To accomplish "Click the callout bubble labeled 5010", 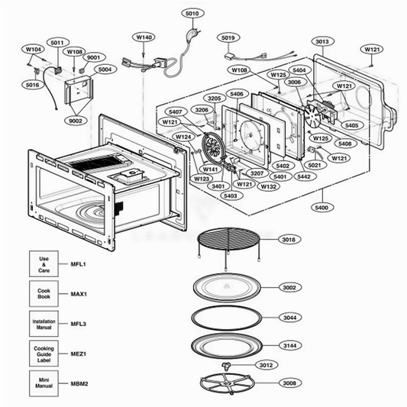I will (191, 13).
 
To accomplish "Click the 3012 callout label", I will (265, 365).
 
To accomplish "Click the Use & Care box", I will (44, 264).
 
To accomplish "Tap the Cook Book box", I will (44, 294).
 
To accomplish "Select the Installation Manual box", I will (44, 323).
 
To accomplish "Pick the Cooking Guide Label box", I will (44, 353).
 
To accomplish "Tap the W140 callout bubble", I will (144, 37).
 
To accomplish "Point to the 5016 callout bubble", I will (32, 85).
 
